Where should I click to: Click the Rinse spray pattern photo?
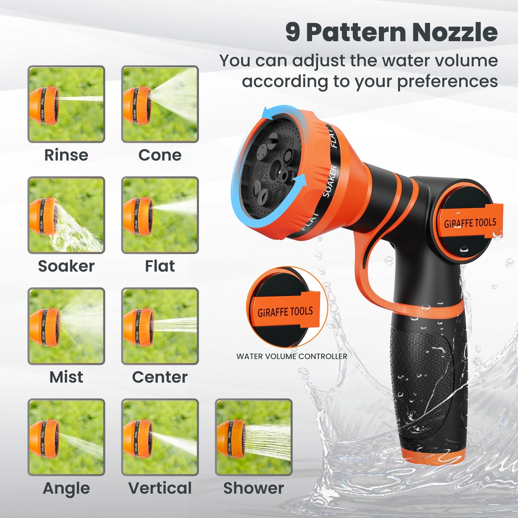pos(66,104)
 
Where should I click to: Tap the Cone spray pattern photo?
pos(160,104)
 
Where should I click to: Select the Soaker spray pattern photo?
pos(66,215)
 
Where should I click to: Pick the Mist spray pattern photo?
pos(66,326)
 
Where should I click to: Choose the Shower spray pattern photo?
pos(253,437)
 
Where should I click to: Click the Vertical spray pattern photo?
pos(160,437)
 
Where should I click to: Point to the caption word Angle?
pos(66,488)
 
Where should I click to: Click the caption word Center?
pos(160,377)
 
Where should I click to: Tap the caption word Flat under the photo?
pos(160,266)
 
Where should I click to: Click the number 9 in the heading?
pos(293,32)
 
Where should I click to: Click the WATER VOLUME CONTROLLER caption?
pos(291,356)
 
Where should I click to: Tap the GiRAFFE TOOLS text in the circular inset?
pos(285,312)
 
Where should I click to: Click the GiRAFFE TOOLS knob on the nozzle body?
pos(470,223)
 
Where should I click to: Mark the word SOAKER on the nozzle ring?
pos(330,181)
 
